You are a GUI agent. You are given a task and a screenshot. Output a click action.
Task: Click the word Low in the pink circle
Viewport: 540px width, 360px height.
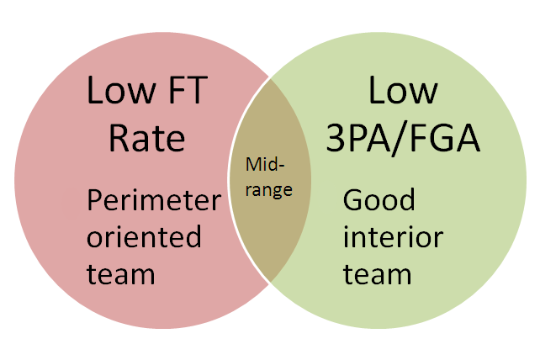[x=118, y=91]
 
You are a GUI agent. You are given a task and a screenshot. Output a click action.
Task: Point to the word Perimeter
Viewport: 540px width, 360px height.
[x=154, y=202]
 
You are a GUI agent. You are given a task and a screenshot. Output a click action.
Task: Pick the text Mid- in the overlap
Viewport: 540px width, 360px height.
[x=262, y=162]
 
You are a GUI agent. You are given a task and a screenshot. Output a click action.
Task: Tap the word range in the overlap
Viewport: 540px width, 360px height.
[x=271, y=190]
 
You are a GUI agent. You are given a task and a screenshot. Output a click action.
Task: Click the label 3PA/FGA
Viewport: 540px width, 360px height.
[x=403, y=137]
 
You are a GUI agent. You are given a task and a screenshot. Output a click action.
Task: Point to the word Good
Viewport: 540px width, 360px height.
[x=379, y=201]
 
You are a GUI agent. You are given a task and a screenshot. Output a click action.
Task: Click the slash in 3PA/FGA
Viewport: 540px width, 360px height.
[x=405, y=137]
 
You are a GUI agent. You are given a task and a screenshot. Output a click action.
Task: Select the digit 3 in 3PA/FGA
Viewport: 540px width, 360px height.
[x=338, y=137]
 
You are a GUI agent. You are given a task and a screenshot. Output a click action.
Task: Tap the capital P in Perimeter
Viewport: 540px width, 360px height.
[x=96, y=202]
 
